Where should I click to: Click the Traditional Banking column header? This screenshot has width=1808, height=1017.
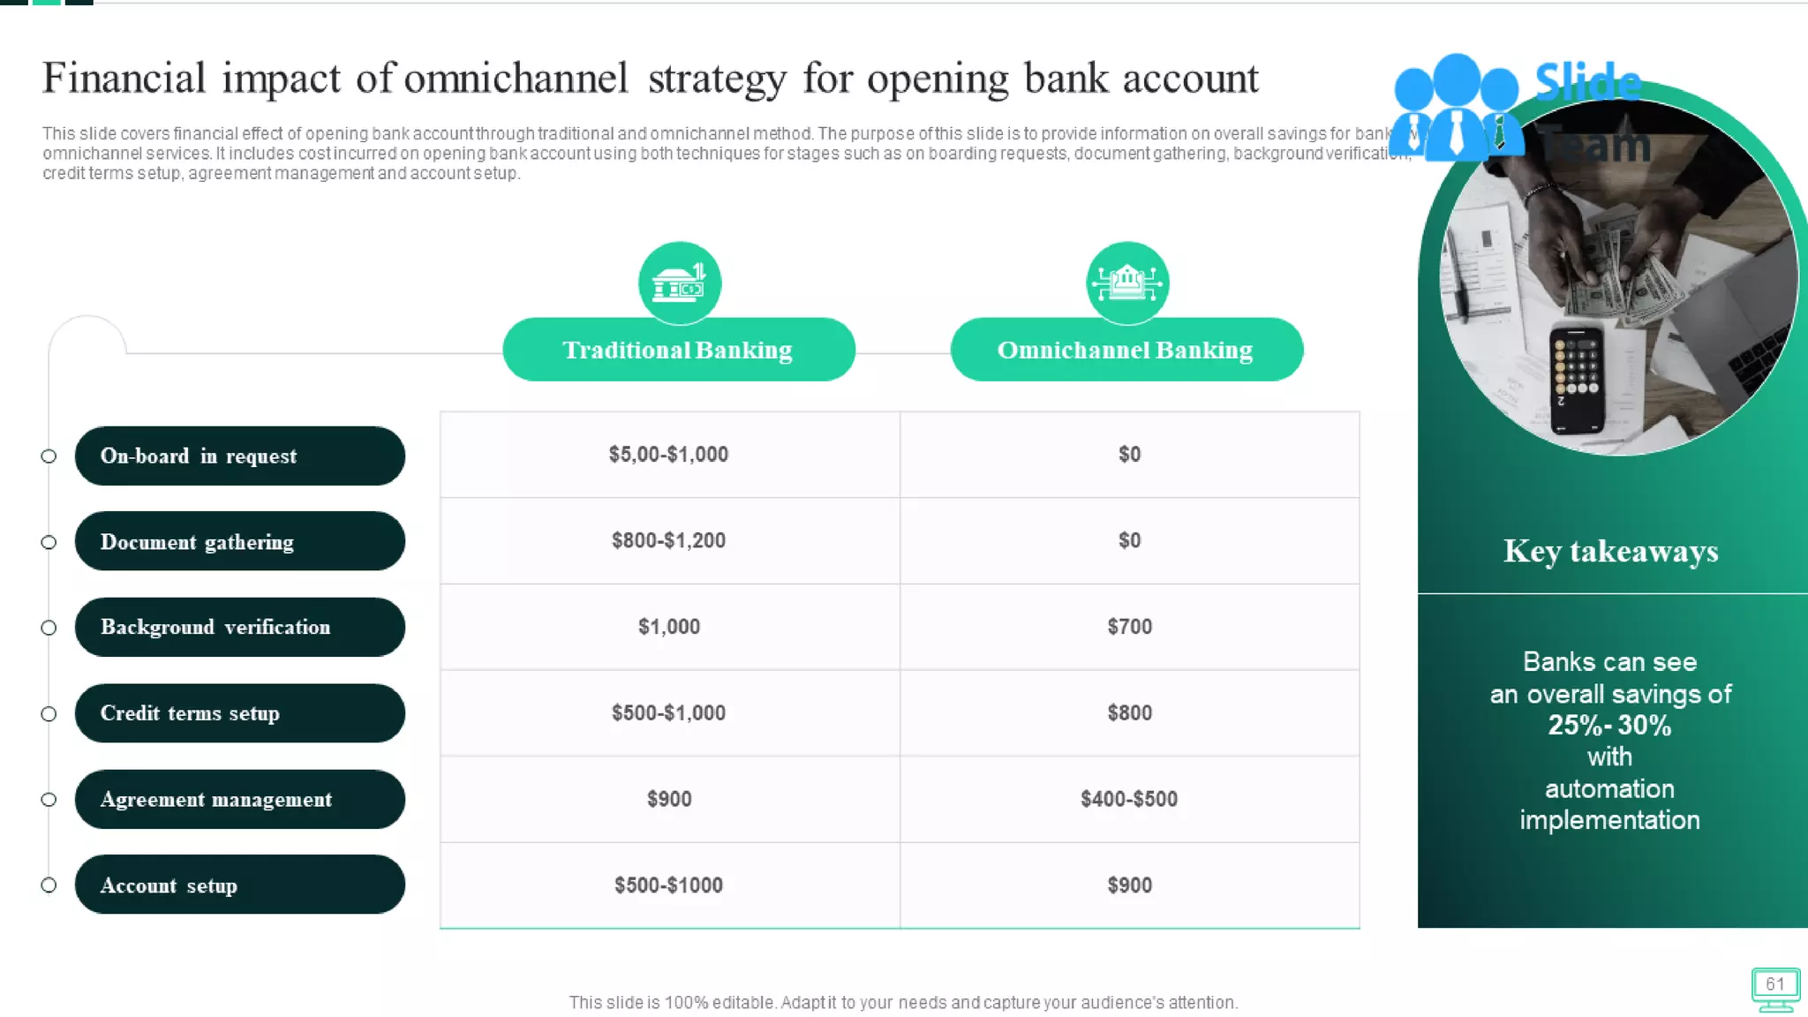coord(678,350)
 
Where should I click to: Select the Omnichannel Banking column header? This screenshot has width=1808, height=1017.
coord(1126,350)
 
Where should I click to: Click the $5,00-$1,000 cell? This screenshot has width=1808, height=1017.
coord(669,455)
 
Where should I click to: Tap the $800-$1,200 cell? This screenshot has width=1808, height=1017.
coord(669,540)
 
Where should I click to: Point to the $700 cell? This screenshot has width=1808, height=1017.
coord(1129,627)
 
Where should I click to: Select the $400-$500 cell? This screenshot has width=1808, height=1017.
coord(1129,799)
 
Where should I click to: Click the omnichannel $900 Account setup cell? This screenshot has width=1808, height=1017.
coord(1129,885)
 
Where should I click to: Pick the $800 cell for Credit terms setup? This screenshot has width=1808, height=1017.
coord(1129,713)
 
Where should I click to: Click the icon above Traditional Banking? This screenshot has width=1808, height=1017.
coord(679,282)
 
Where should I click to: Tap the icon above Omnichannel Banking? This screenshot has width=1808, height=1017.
coord(1127,282)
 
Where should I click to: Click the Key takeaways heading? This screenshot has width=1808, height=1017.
coord(1611,552)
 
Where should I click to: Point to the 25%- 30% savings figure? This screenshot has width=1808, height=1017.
coord(1609,726)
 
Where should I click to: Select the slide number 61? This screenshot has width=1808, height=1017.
coord(1775,984)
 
